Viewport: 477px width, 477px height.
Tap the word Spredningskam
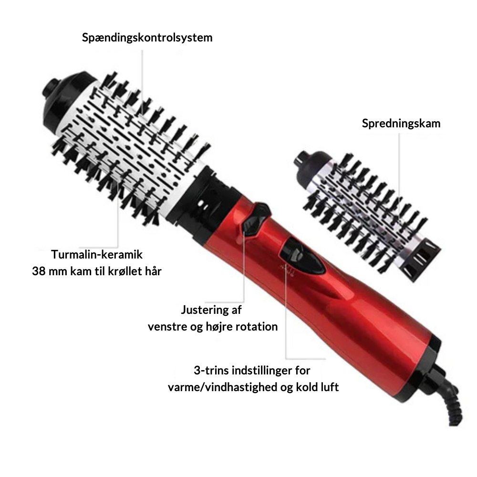point(401,124)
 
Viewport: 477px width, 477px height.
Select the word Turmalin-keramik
point(97,254)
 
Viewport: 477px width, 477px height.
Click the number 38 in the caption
point(39,271)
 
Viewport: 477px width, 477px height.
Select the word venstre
point(167,327)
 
